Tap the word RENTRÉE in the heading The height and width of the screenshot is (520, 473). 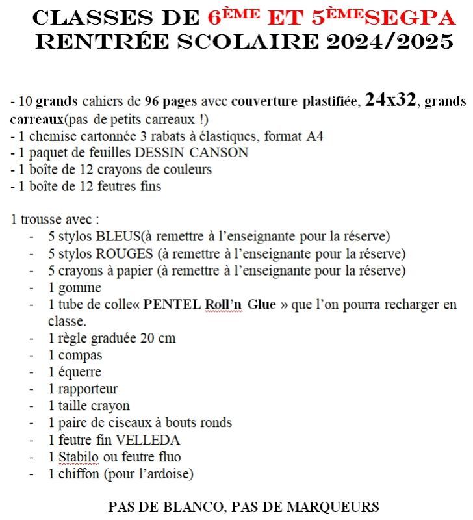tap(84, 42)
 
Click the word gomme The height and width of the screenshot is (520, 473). tap(79, 287)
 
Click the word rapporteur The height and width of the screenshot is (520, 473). tap(88, 389)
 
